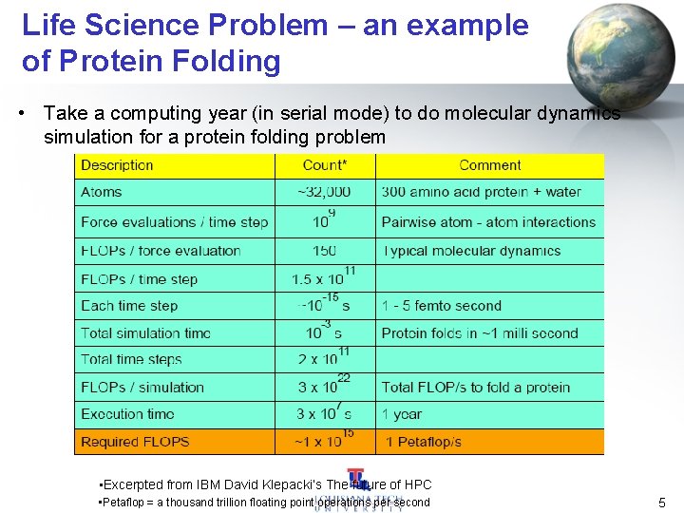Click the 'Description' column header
117,165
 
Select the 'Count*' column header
325,165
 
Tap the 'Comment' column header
490,165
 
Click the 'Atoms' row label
102,192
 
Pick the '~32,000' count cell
324,192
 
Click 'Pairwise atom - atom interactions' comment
488,222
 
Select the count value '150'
324,251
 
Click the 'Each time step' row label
129,306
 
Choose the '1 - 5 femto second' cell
441,306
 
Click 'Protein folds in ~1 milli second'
480,333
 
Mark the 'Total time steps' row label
131,360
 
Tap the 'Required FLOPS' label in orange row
135,442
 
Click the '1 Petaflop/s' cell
424,442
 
